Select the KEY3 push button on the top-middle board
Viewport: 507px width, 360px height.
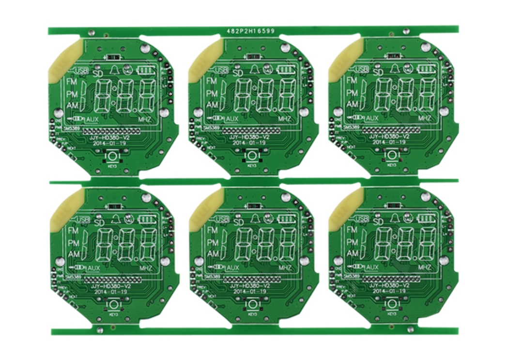[251, 156]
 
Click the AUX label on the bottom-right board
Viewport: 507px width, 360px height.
[372, 267]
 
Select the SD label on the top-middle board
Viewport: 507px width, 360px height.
[238, 73]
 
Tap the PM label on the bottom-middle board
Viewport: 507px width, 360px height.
[212, 242]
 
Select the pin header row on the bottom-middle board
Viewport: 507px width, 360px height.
[252, 280]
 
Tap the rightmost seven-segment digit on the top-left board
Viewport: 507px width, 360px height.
[146, 95]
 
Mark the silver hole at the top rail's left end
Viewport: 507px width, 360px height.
[91, 32]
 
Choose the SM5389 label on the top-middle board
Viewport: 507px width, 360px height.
[212, 128]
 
